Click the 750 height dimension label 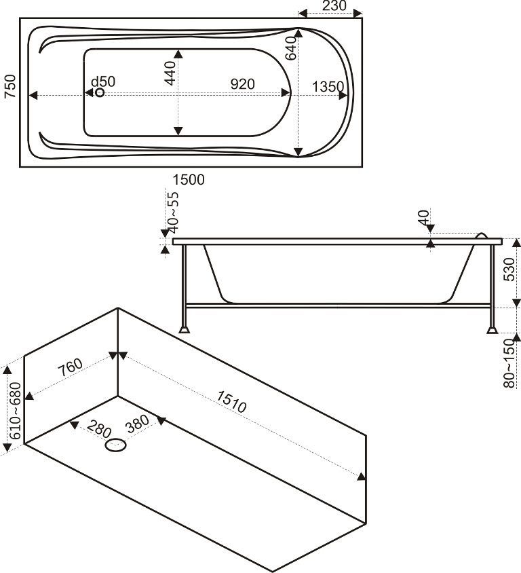[x=9, y=88]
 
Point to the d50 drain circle [x=100, y=92]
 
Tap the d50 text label [x=103, y=81]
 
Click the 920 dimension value [x=242, y=84]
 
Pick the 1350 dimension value [x=329, y=86]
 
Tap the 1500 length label [x=189, y=179]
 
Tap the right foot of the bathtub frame [x=491, y=330]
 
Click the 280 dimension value [x=99, y=430]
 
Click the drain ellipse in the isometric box [x=116, y=446]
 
